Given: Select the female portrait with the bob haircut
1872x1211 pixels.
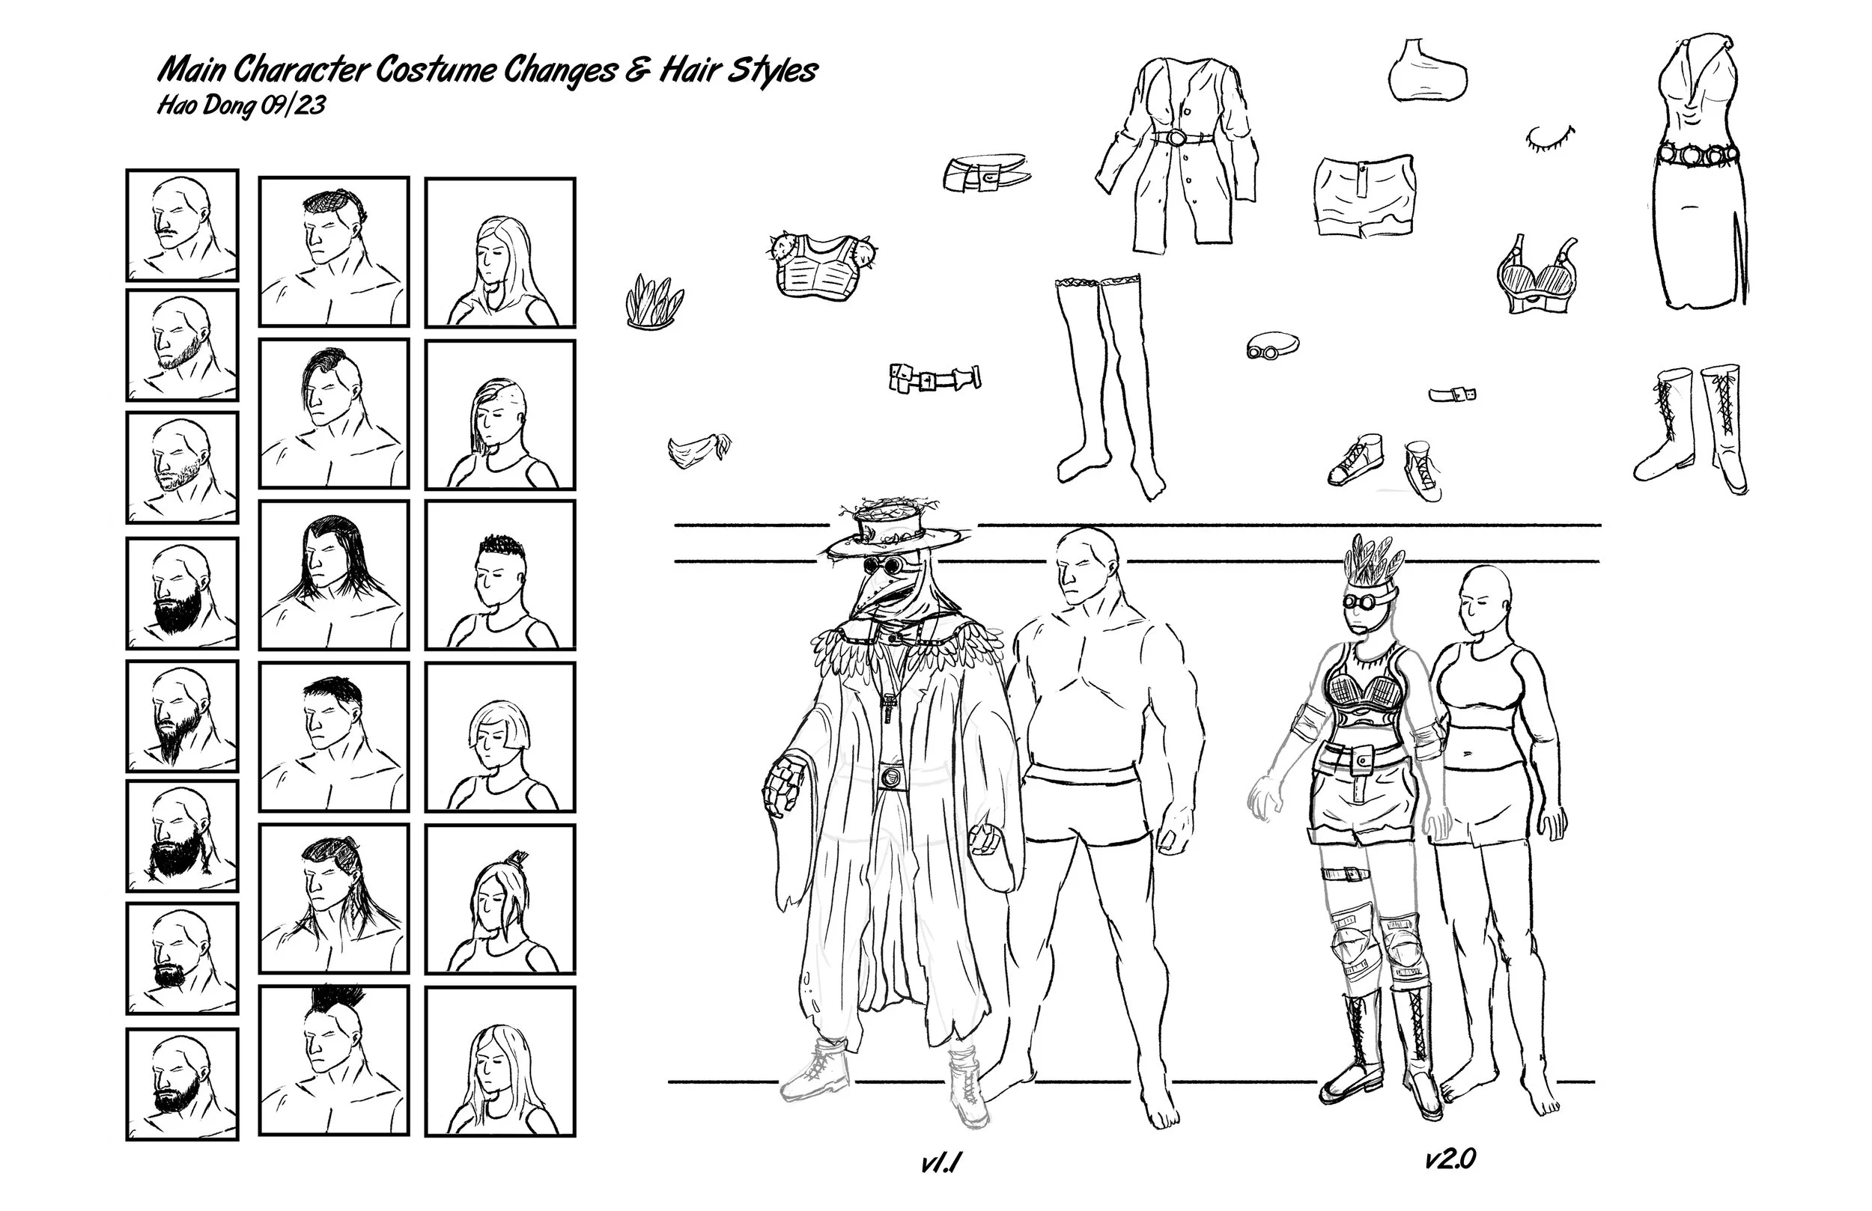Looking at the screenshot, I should [500, 736].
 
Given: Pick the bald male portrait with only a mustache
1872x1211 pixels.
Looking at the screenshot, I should [182, 226].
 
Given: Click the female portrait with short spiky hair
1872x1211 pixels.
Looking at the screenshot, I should [500, 575].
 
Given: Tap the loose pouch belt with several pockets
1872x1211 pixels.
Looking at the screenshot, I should [935, 378].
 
